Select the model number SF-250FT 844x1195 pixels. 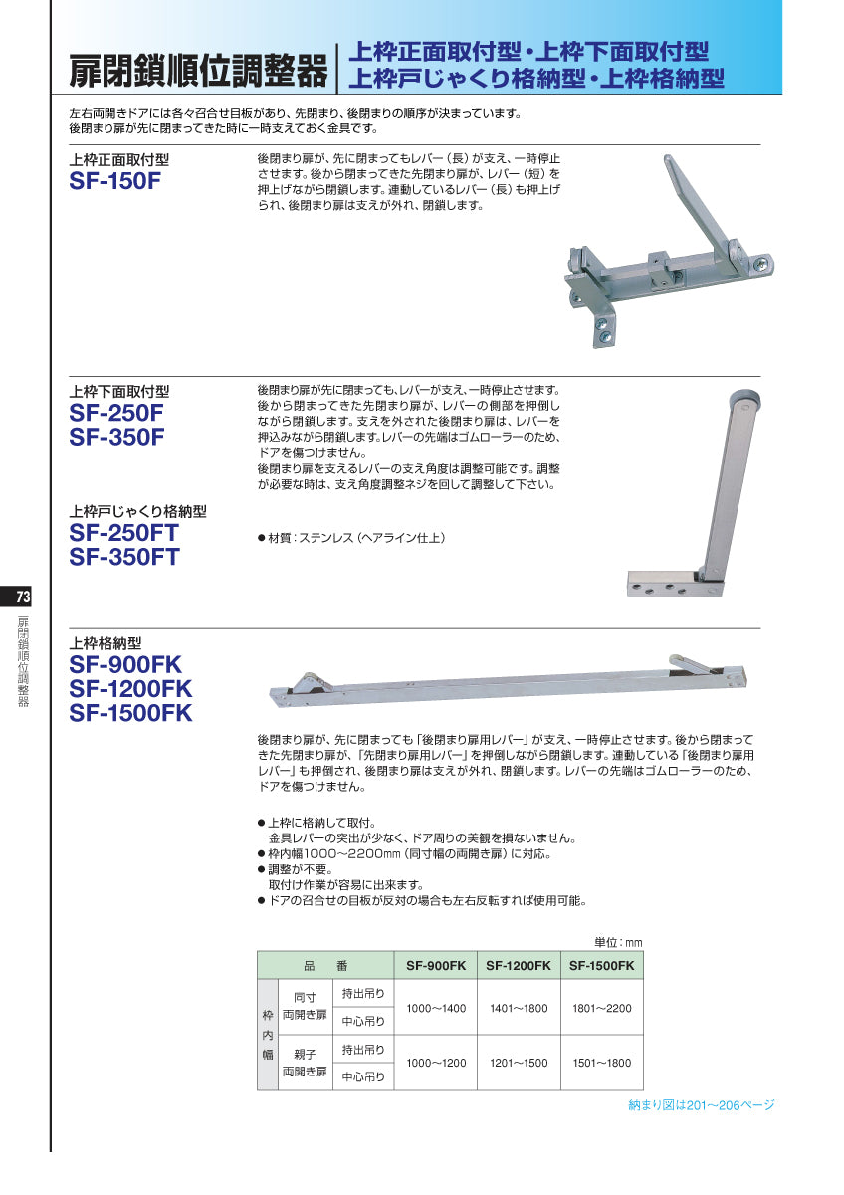click(124, 533)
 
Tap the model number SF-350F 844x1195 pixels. click(116, 438)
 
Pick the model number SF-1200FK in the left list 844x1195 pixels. click(130, 689)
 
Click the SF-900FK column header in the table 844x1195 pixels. click(436, 966)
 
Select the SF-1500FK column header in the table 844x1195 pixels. click(601, 966)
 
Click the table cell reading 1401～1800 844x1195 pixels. click(519, 1009)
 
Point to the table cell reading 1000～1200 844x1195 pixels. click(436, 1063)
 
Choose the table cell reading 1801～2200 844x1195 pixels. click(601, 1009)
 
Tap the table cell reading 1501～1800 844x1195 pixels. click(601, 1063)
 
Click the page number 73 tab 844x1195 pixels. click(23, 597)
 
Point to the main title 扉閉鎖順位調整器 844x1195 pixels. click(198, 71)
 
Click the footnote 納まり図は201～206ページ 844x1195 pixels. click(702, 1105)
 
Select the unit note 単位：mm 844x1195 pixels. click(618, 942)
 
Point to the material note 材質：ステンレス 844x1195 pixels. click(350, 538)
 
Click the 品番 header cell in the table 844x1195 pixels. click(325, 966)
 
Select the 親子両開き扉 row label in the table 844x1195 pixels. click(305, 1063)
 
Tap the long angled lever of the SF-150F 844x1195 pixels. click(707, 204)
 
